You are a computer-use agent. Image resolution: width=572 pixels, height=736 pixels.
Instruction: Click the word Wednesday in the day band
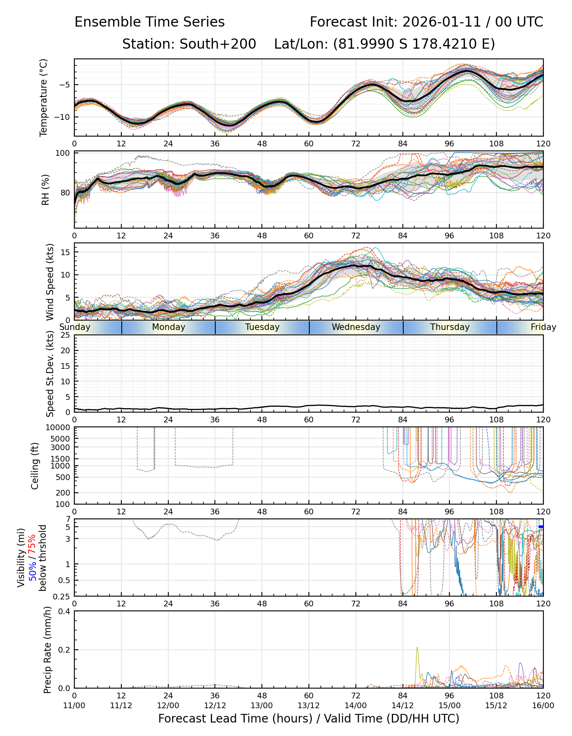tap(355, 327)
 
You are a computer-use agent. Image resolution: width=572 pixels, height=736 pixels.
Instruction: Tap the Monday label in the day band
tap(168, 327)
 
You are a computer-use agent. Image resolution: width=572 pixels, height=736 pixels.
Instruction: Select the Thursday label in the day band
tap(449, 327)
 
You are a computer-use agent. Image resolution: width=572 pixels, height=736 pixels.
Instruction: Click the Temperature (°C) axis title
tap(44, 97)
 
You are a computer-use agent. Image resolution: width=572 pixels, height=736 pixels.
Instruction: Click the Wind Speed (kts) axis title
tap(50, 282)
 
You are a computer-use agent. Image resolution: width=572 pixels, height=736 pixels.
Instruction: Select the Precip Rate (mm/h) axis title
tap(47, 650)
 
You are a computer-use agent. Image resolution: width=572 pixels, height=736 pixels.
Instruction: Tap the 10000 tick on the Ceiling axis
tap(60, 428)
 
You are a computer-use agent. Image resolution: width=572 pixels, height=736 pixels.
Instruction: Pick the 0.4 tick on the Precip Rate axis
tap(65, 611)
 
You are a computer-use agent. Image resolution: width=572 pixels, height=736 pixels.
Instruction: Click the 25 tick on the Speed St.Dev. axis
tap(66, 335)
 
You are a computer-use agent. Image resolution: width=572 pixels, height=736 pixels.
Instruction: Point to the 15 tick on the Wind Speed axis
tap(66, 252)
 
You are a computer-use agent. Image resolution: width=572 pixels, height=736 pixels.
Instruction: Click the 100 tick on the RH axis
tap(63, 153)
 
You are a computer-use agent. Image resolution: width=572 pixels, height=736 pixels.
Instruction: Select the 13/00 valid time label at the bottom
tap(262, 705)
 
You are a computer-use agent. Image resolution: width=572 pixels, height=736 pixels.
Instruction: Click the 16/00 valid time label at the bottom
tap(543, 705)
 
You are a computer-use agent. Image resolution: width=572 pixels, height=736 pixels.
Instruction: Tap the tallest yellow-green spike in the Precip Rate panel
tap(417, 648)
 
